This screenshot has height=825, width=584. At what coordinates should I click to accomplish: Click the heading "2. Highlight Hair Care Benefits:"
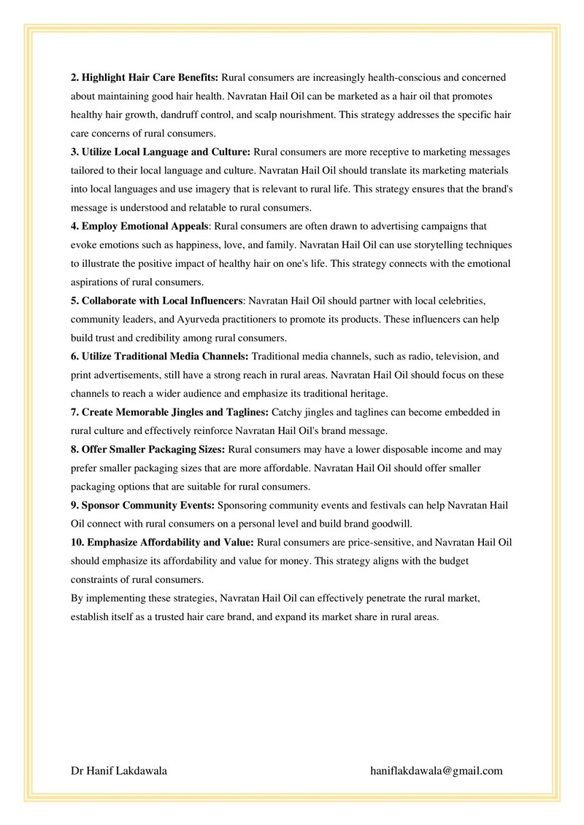tap(145, 77)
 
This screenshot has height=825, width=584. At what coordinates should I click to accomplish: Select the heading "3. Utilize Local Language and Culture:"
tap(161, 152)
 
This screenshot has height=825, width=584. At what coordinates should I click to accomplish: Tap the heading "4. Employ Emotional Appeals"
tap(139, 227)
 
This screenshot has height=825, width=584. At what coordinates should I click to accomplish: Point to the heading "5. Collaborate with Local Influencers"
tap(156, 301)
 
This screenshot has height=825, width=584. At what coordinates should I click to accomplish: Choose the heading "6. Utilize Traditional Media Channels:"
tap(160, 356)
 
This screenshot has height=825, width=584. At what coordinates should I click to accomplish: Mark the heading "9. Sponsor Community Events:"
tap(142, 506)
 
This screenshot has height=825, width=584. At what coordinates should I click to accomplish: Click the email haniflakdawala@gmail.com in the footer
tap(437, 770)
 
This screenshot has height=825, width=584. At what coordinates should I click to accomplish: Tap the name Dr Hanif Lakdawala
tap(119, 770)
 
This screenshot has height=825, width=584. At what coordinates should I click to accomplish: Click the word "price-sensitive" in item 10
tap(340, 543)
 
